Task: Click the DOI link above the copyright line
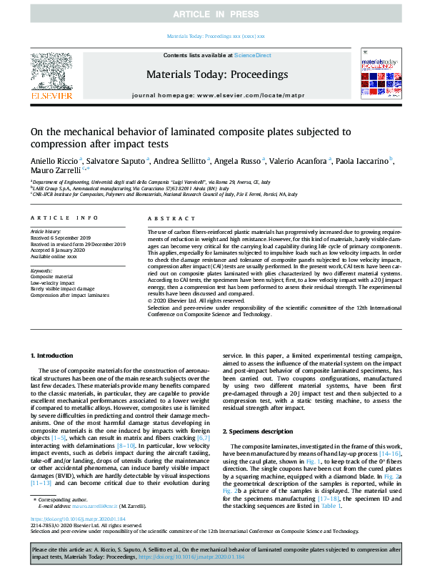[75, 538]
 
